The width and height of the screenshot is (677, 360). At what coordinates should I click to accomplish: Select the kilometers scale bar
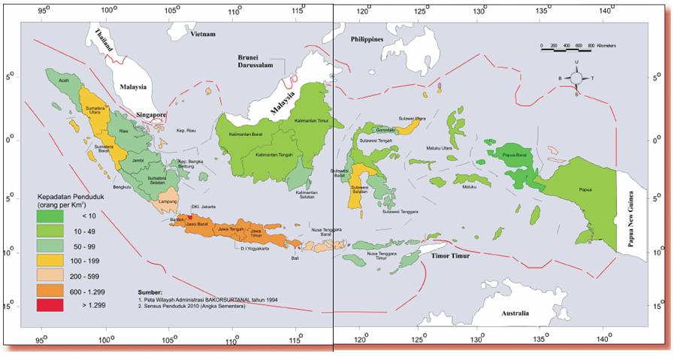click(568, 47)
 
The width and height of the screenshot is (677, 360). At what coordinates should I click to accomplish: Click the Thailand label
click(102, 38)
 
